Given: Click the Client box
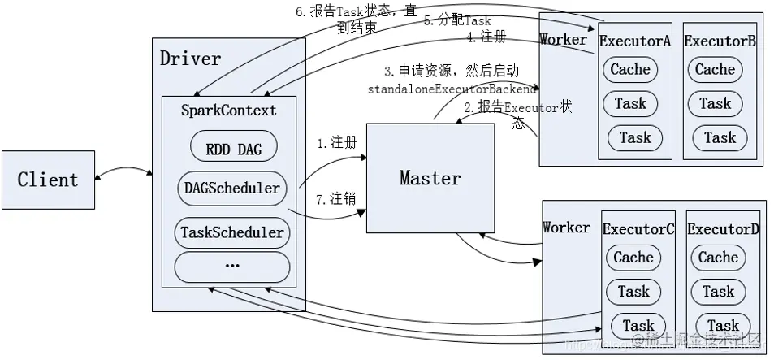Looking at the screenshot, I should click(48, 180).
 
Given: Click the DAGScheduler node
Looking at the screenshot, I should click(231, 189).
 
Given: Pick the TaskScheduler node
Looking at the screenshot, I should click(232, 232).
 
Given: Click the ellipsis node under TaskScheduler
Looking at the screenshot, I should click(232, 266).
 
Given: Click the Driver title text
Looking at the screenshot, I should click(190, 59).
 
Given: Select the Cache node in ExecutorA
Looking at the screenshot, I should click(630, 69).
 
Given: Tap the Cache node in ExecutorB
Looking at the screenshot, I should click(715, 69).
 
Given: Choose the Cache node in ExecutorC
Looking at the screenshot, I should click(633, 258).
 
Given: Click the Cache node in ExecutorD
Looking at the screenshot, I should click(718, 258).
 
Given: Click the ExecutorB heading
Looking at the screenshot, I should click(720, 40).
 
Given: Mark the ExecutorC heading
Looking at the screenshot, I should click(638, 229).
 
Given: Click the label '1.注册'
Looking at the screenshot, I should click(336, 142).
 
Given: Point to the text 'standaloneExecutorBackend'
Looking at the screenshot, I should click(452, 88).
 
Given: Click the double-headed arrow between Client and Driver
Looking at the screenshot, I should click(123, 171).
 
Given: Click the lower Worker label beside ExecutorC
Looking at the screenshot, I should click(566, 227).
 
